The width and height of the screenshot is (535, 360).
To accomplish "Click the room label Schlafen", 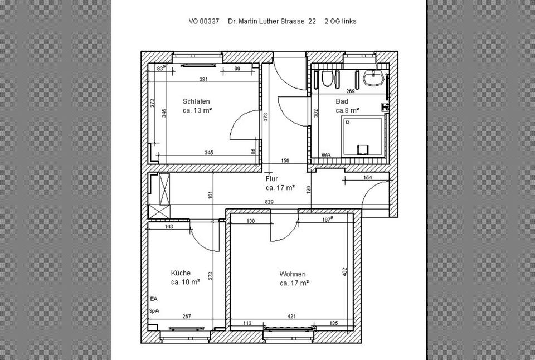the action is click(x=196, y=101).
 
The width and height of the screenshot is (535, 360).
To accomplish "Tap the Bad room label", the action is click(x=342, y=101).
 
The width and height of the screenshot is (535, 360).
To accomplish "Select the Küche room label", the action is click(x=181, y=273).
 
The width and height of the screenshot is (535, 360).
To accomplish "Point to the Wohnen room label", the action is click(x=293, y=274).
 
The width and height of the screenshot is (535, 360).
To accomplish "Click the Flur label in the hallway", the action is click(x=271, y=178).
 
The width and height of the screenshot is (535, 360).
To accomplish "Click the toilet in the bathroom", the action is click(x=327, y=79).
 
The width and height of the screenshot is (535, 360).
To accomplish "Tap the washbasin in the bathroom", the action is click(x=374, y=78).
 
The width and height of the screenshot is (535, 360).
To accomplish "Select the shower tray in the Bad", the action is click(x=363, y=136).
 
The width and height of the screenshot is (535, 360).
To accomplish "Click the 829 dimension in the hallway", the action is click(x=269, y=202).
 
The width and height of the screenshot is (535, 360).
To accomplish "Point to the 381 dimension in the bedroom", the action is click(x=203, y=80).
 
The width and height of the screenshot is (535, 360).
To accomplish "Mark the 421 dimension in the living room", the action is click(x=291, y=317).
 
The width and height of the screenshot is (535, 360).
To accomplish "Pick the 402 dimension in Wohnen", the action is click(x=344, y=271).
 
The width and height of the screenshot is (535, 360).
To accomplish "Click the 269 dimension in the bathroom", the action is click(x=351, y=91).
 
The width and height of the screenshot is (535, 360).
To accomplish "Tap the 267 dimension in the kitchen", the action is click(x=187, y=317).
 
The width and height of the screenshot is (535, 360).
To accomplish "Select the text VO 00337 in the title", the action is click(x=204, y=21).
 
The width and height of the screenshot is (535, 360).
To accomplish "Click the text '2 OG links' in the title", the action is click(x=341, y=21).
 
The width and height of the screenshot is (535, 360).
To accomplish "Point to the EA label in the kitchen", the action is click(x=154, y=299).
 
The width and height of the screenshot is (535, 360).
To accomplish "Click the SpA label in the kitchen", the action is click(x=154, y=311).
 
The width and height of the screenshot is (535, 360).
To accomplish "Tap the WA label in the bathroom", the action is click(x=326, y=154).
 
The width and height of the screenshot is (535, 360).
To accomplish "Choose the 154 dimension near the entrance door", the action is click(x=368, y=177).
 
